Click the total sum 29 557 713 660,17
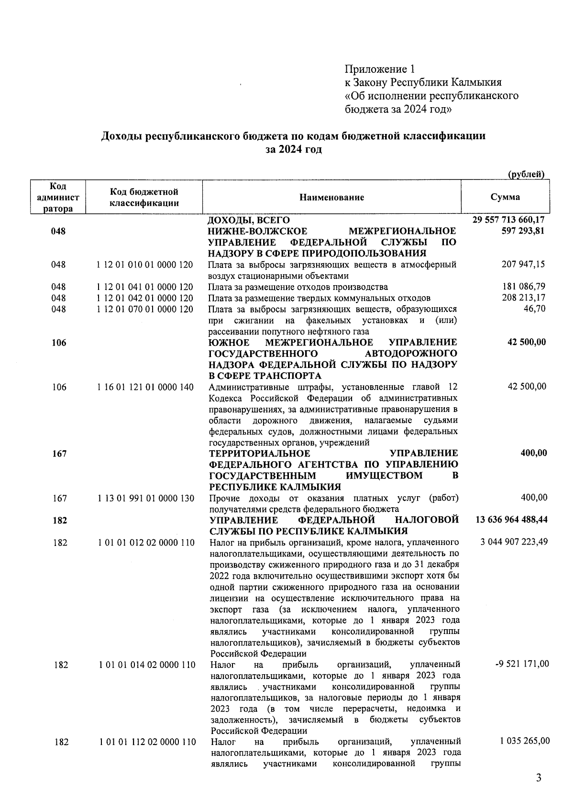tap(508, 220)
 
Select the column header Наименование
tap(331, 197)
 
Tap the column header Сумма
tap(505, 197)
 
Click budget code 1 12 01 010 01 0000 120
tap(145, 265)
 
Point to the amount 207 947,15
tap(523, 264)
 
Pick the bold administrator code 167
tap(59, 453)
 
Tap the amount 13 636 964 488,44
tap(511, 520)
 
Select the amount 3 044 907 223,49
tap(513, 542)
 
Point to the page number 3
tap(539, 778)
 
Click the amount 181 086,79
tap(523, 287)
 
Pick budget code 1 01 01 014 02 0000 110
tap(147, 665)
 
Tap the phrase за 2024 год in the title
tap(293, 149)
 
